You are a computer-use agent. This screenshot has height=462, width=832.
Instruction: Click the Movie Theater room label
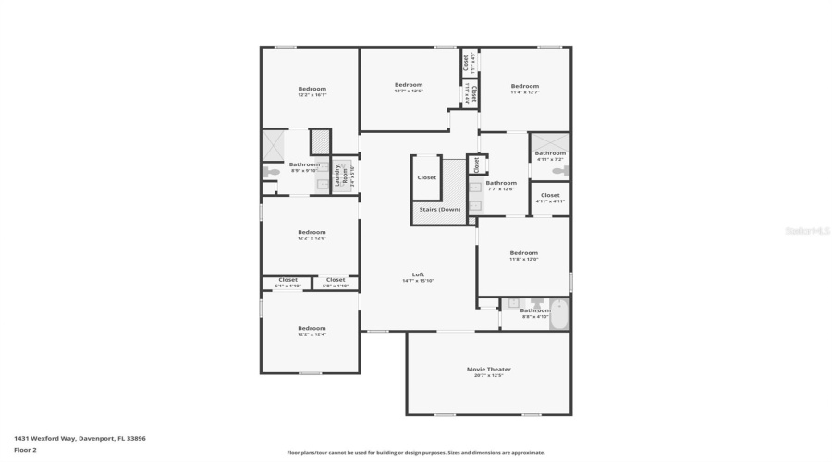point(488,369)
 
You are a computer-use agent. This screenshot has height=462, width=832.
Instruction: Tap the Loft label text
point(418,274)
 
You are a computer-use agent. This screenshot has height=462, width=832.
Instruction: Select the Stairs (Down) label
point(440,210)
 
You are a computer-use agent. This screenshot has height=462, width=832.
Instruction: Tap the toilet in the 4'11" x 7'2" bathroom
point(557,171)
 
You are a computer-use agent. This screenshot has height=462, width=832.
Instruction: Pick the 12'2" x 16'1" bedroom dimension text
point(312,94)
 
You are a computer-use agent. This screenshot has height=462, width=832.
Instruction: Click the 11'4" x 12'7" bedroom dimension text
point(524,91)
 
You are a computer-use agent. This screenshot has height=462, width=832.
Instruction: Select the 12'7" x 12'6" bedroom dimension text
point(408,91)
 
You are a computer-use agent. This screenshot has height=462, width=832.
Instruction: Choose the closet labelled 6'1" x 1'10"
point(288,286)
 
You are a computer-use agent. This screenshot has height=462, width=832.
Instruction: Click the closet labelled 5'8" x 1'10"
point(335,286)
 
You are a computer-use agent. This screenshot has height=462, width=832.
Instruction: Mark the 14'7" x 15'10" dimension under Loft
point(418,281)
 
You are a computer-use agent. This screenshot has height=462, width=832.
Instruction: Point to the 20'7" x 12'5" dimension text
point(488,375)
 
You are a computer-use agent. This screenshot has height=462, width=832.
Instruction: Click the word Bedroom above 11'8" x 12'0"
point(523,252)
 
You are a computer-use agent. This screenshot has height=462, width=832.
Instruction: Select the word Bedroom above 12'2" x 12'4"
point(312,328)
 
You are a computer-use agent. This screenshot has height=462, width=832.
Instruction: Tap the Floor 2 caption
point(25,450)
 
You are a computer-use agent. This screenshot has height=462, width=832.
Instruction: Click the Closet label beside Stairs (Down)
point(426,177)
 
